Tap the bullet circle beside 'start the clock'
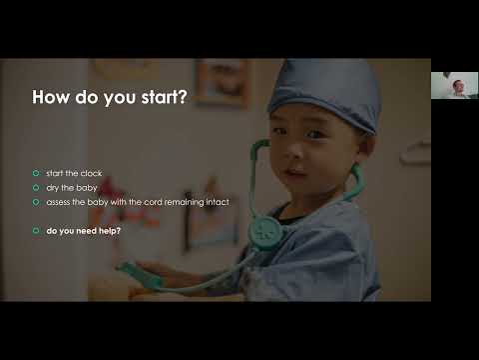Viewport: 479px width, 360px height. click(x=36, y=173)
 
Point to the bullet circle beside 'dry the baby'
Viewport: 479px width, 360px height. click(x=36, y=187)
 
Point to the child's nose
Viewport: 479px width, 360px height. click(x=300, y=168)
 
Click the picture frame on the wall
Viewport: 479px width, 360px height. click(x=223, y=83)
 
